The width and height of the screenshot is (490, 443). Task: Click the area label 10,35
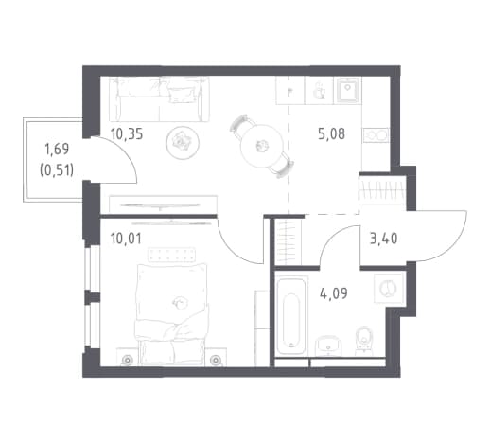pos(127,134)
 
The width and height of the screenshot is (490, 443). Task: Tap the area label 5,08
pos(331,134)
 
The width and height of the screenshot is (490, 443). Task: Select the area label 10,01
pos(126,239)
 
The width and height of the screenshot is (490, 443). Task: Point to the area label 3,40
pos(383,239)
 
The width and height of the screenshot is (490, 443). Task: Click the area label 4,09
pos(334,293)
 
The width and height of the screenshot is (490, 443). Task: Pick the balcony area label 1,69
pos(57,149)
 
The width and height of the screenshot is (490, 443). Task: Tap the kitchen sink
pos(348,90)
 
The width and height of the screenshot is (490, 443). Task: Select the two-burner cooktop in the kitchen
pos(376,135)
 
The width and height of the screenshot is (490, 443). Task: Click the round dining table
pos(261,146)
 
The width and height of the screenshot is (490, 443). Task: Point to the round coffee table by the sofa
pos(183,143)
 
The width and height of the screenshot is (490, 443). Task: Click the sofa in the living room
pos(159,99)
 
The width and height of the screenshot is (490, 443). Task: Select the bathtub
pos(290,316)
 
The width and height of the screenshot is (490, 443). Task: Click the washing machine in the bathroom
pos(389,289)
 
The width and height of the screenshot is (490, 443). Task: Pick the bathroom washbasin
pos(328,346)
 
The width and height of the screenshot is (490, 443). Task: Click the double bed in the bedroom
pos(172,314)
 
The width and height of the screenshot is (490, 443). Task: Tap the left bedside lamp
pos(127,360)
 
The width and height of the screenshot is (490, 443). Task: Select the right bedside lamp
pos(216,360)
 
